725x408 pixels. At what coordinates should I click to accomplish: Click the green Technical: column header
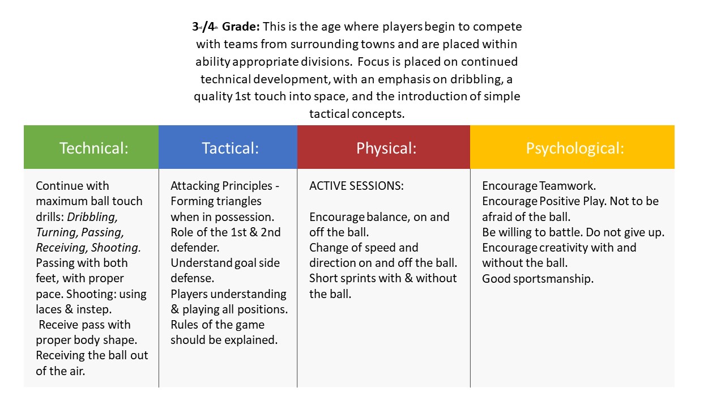pos(94,148)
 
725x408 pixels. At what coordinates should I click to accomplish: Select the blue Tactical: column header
pos(230,148)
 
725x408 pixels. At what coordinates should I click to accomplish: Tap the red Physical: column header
pos(386,148)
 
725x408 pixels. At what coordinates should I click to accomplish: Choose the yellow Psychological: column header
pos(575,148)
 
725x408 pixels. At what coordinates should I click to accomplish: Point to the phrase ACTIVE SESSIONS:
pos(356,186)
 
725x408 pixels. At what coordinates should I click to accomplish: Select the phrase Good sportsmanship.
pos(538,279)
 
